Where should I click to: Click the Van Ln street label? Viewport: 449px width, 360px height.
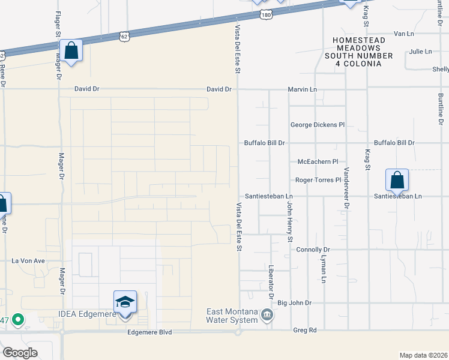click(404, 34)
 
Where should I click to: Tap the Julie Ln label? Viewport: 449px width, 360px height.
click(420, 52)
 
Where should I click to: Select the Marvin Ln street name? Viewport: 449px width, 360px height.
click(302, 89)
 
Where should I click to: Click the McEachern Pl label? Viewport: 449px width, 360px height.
click(318, 162)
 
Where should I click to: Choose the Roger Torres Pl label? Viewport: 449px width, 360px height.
click(318, 180)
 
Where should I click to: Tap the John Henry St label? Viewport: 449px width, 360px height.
click(289, 222)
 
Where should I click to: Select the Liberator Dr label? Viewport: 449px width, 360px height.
click(271, 283)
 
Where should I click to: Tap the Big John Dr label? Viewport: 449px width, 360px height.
click(295, 303)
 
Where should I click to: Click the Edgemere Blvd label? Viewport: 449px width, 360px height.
click(149, 332)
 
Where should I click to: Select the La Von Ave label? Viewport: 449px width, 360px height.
click(29, 261)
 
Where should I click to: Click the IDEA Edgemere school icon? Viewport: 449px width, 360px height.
click(125, 302)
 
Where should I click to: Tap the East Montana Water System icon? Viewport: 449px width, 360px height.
click(268, 314)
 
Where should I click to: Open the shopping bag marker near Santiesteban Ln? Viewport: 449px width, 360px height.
click(397, 180)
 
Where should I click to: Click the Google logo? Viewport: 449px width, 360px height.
click(20, 353)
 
